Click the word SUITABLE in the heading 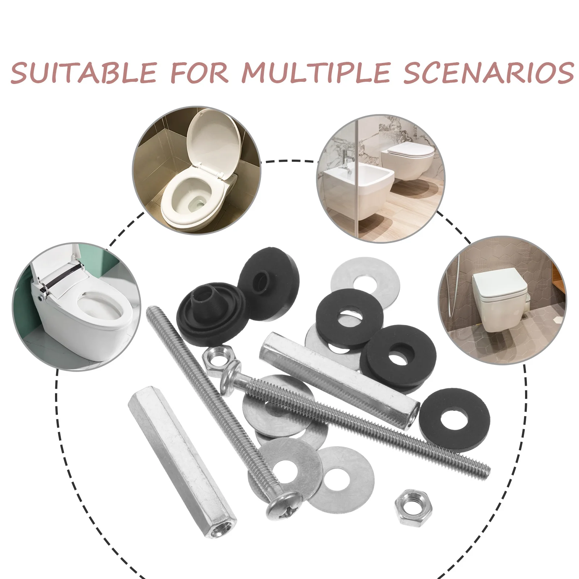tap(83, 73)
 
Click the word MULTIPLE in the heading tap(315, 73)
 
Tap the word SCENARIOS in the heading tap(489, 73)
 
